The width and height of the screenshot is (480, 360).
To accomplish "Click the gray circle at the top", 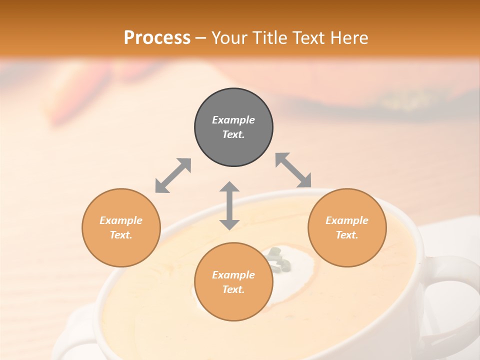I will (233, 127).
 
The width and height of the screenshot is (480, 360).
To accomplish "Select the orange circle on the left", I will (121, 228).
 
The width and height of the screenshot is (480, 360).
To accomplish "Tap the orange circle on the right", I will (347, 228).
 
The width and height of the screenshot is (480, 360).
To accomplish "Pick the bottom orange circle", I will (233, 282).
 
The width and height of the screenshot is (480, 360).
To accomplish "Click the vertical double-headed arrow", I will (229, 205).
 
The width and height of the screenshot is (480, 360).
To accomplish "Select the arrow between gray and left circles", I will (173, 175).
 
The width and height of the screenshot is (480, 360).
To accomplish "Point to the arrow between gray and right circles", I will (293, 170).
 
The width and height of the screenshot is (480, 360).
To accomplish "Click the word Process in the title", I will (157, 37).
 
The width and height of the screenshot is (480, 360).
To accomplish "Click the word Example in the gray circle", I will (233, 120).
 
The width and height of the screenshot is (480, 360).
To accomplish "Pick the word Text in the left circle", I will (121, 235).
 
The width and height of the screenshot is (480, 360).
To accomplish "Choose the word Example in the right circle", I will (347, 220).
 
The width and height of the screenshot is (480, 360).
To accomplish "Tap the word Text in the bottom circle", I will (233, 289).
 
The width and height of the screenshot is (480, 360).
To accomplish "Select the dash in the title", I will (200, 38).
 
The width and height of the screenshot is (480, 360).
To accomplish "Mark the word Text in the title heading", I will (308, 37).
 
